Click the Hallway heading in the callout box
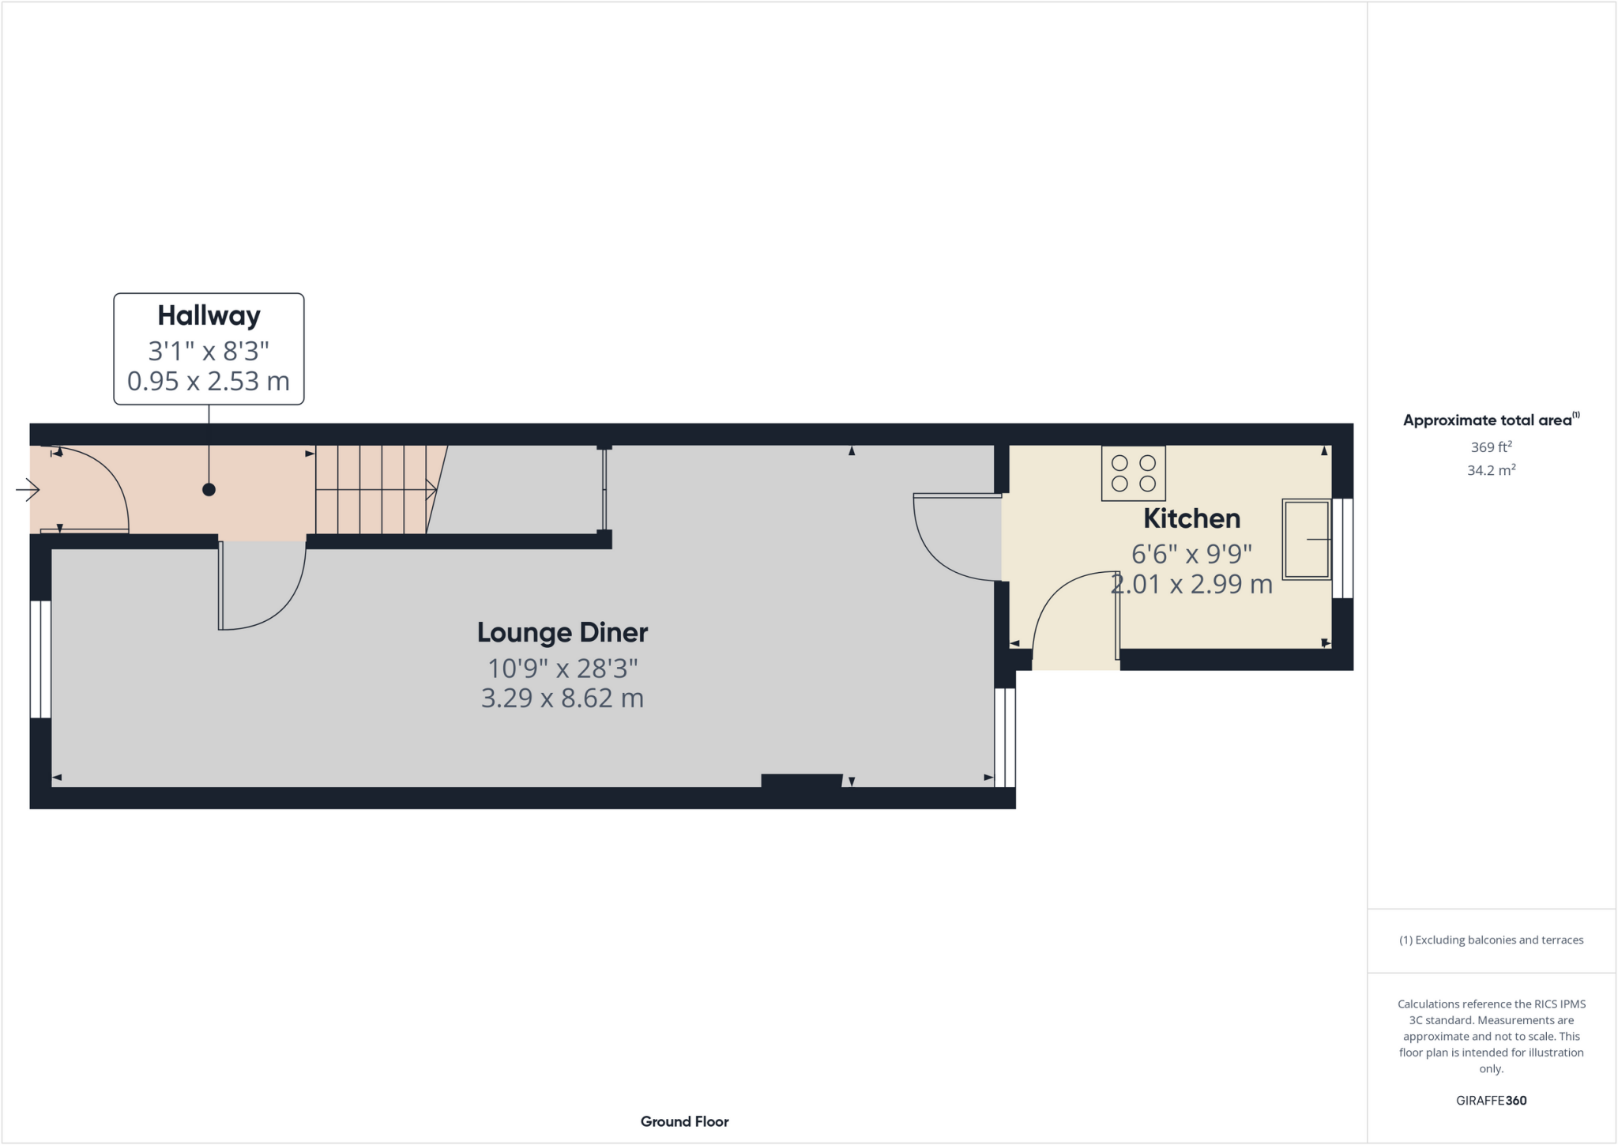click(209, 316)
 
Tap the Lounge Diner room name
click(563, 632)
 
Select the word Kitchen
click(1191, 519)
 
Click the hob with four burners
click(1133, 473)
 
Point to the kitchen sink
click(1305, 539)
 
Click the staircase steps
click(371, 490)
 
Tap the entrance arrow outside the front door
click(28, 491)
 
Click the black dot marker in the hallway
click(209, 490)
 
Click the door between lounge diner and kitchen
click(954, 537)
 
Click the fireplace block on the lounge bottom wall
click(801, 782)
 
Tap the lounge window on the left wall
click(40, 659)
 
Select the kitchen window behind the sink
click(1342, 548)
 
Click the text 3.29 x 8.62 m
click(563, 699)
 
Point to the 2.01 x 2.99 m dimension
click(1191, 585)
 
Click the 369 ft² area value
click(1491, 447)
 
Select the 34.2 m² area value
click(1491, 471)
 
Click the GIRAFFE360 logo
click(1491, 1101)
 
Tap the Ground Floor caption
click(684, 1121)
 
